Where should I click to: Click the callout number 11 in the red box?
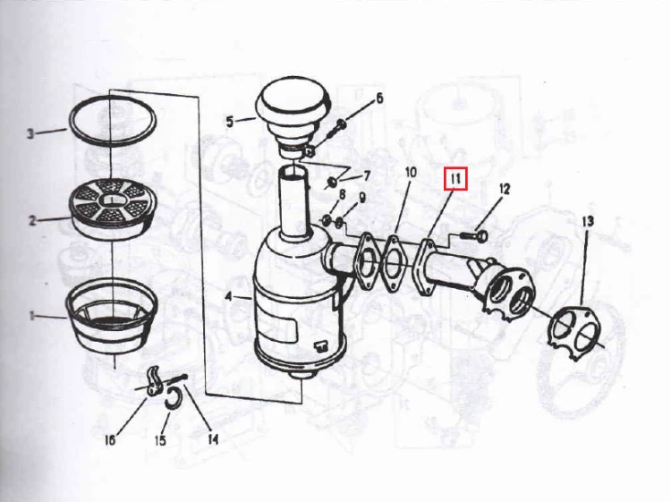click(455, 178)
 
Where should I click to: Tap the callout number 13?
click(588, 221)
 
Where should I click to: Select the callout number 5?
click(230, 122)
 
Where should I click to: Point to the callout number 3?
click(30, 133)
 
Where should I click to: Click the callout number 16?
click(110, 439)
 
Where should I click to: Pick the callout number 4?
click(229, 296)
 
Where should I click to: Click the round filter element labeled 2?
click(113, 208)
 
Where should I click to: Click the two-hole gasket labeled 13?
click(573, 333)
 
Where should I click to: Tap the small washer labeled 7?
click(332, 183)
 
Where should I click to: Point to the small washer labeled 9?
click(339, 222)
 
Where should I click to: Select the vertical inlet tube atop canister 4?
click(294, 203)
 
